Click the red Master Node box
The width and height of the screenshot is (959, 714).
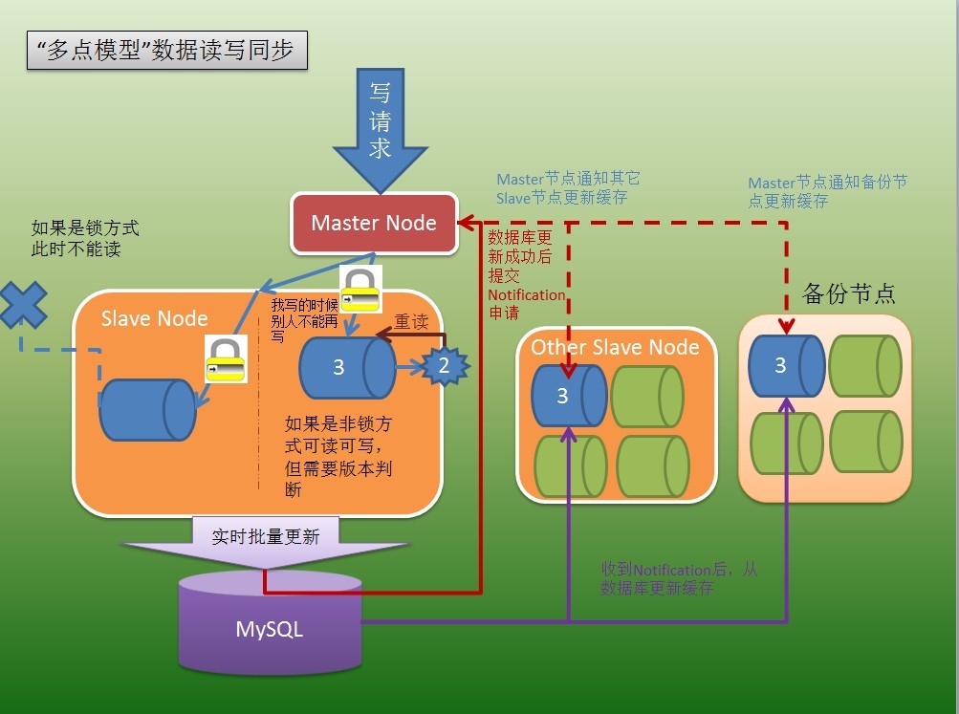(x=374, y=224)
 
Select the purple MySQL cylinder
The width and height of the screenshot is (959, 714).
(x=271, y=628)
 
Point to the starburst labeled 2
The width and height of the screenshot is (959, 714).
(x=443, y=364)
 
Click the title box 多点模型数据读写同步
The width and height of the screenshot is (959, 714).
(x=167, y=51)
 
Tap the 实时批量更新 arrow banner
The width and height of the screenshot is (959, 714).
(x=266, y=537)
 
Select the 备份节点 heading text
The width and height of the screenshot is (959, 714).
(x=849, y=293)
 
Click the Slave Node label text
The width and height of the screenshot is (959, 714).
(x=154, y=318)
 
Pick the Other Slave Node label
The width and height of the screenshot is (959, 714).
(x=615, y=346)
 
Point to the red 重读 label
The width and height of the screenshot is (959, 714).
(x=411, y=322)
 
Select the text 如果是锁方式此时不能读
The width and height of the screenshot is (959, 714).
(x=85, y=239)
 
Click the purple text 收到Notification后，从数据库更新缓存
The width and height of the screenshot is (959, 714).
(x=679, y=579)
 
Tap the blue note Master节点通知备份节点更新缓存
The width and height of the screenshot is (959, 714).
(x=827, y=192)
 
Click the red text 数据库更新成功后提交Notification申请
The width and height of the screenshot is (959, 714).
(x=525, y=273)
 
